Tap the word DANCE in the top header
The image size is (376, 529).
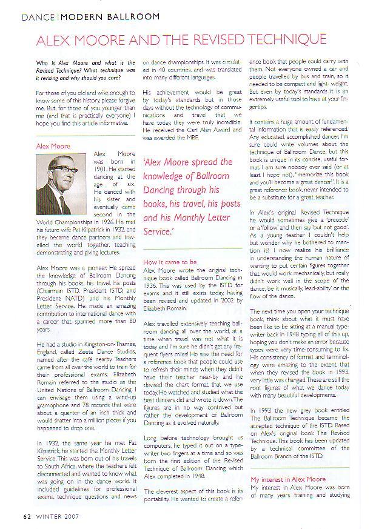[38, 16]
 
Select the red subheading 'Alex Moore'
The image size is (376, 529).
[53, 146]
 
